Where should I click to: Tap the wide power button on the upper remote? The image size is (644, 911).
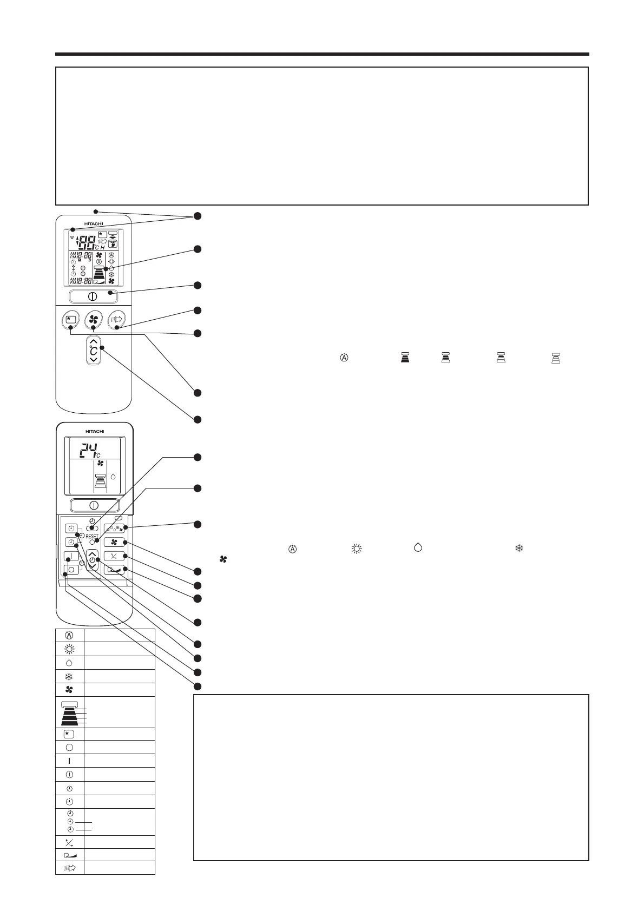[x=93, y=296]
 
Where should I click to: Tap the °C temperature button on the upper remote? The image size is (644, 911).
[x=94, y=351]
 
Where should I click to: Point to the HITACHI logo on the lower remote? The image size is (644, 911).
[x=95, y=431]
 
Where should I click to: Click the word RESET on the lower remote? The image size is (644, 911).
[x=92, y=537]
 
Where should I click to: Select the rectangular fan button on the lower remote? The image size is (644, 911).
[x=114, y=542]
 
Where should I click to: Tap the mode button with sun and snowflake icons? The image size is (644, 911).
[x=114, y=529]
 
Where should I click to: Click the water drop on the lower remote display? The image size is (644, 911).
[x=113, y=477]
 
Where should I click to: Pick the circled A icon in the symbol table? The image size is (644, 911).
[x=69, y=635]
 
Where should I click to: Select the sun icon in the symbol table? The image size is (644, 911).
[x=69, y=649]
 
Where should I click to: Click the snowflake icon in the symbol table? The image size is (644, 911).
[x=69, y=676]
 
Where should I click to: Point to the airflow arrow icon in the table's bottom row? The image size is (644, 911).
[x=69, y=868]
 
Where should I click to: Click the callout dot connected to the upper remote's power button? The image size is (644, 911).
[x=198, y=285]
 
